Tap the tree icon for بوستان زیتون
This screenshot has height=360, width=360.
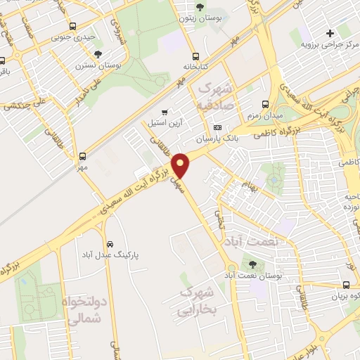pos(201,8)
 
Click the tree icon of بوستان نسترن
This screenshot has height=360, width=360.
pos(98,54)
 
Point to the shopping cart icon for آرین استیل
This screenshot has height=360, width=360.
pos(165,112)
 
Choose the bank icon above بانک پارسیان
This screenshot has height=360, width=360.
pos(217,128)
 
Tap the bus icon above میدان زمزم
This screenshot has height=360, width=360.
pos(265,103)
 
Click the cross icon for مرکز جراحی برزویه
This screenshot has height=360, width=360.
pos(329,32)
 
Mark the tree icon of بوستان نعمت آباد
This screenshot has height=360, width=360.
pos(252,265)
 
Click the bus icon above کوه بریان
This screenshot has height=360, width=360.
pos(346,285)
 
